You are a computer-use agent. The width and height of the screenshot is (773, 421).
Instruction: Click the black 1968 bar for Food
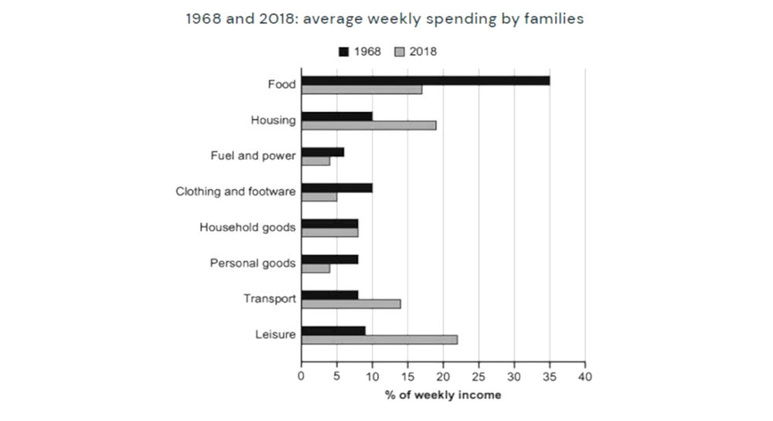click(x=425, y=80)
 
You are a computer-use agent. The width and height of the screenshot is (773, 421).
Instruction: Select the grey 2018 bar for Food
click(x=362, y=89)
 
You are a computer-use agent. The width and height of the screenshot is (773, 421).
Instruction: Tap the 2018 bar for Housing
click(x=369, y=125)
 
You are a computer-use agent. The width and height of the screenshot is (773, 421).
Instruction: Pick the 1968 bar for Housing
click(x=337, y=117)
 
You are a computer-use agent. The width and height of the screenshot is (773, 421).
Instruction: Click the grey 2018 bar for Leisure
click(x=380, y=340)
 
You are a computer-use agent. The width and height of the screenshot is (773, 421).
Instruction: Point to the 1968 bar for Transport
click(x=330, y=295)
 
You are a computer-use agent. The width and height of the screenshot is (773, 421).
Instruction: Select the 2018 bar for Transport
click(x=351, y=304)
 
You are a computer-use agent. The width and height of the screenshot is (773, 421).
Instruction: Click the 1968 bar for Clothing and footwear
click(x=337, y=188)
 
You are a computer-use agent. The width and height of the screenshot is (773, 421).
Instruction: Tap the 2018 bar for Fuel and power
click(x=315, y=161)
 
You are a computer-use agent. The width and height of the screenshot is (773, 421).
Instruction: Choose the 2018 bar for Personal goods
click(x=315, y=268)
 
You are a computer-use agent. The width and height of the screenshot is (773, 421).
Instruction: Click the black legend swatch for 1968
click(x=344, y=52)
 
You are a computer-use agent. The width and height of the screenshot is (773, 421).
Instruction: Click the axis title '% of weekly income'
click(x=443, y=395)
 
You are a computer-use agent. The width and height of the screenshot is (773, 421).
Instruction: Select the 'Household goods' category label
click(x=247, y=227)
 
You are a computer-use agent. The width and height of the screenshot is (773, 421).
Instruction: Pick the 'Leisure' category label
click(x=274, y=334)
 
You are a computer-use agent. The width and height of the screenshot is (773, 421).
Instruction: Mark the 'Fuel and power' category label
click(x=253, y=156)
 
